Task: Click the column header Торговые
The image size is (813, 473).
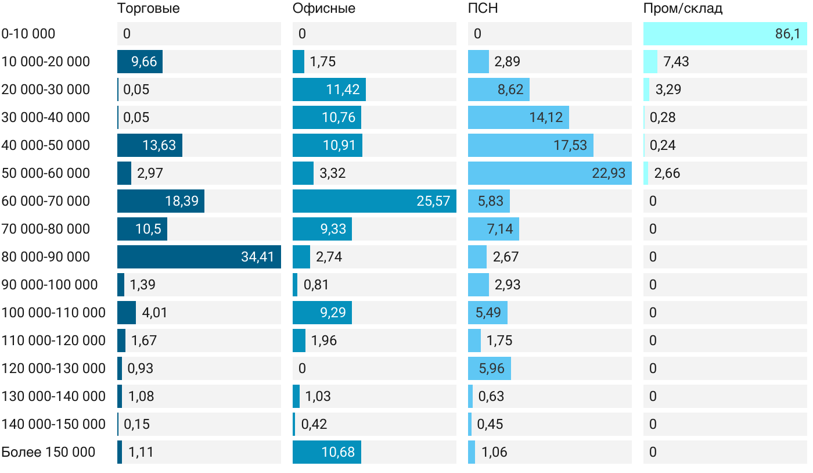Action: click(x=148, y=9)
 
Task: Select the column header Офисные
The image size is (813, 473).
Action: click(x=323, y=9)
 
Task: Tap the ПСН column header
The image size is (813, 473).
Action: click(x=483, y=9)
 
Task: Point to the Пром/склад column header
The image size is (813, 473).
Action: click(x=682, y=9)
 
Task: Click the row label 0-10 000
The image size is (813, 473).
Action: click(x=28, y=34)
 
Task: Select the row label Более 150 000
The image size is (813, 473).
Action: click(x=48, y=452)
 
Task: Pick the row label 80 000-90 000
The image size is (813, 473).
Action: click(x=46, y=257)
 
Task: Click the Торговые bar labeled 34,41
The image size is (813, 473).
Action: click(x=199, y=257)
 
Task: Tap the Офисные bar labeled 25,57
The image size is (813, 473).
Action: click(x=374, y=201)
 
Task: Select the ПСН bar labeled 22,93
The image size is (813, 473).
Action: click(x=549, y=173)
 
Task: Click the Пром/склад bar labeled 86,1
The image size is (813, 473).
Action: click(x=725, y=34)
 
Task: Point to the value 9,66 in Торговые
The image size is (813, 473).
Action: click(x=144, y=62)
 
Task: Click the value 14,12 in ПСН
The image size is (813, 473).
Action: click(x=546, y=117)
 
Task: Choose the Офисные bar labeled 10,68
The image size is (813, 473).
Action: click(x=327, y=452)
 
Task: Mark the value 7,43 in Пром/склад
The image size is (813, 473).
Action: click(x=677, y=62)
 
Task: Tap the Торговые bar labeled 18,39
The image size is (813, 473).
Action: click(x=161, y=201)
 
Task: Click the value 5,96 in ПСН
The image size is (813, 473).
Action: click(x=490, y=368)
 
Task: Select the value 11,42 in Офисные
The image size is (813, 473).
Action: click(x=343, y=89)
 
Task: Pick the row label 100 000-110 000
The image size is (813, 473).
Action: click(x=53, y=313)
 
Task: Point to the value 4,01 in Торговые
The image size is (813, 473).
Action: click(x=155, y=313)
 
